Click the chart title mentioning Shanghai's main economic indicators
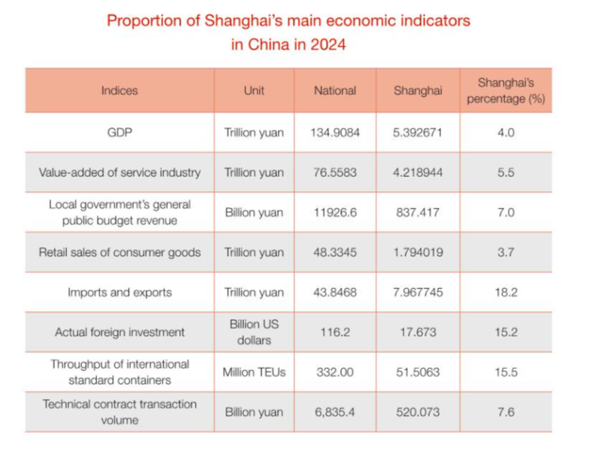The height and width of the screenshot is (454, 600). click(x=288, y=32)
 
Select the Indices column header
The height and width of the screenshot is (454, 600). click(x=120, y=90)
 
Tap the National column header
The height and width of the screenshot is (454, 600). click(x=335, y=90)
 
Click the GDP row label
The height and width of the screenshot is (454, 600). click(x=120, y=133)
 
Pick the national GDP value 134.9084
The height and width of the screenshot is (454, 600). click(x=335, y=133)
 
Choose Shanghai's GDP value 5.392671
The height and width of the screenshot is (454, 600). click(x=417, y=133)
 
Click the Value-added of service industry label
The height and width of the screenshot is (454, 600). click(x=120, y=172)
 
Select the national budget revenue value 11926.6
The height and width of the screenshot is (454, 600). click(x=335, y=212)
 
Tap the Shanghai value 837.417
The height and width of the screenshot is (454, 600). click(x=417, y=212)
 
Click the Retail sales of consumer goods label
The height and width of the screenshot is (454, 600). click(x=120, y=252)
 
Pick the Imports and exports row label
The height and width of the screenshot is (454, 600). click(x=120, y=292)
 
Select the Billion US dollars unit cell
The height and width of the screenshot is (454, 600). click(x=254, y=332)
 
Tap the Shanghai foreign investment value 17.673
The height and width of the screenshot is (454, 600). click(x=417, y=332)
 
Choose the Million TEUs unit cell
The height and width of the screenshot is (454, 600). click(x=254, y=372)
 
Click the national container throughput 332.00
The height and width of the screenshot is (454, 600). click(x=335, y=372)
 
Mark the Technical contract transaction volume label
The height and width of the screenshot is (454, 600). click(x=120, y=412)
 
